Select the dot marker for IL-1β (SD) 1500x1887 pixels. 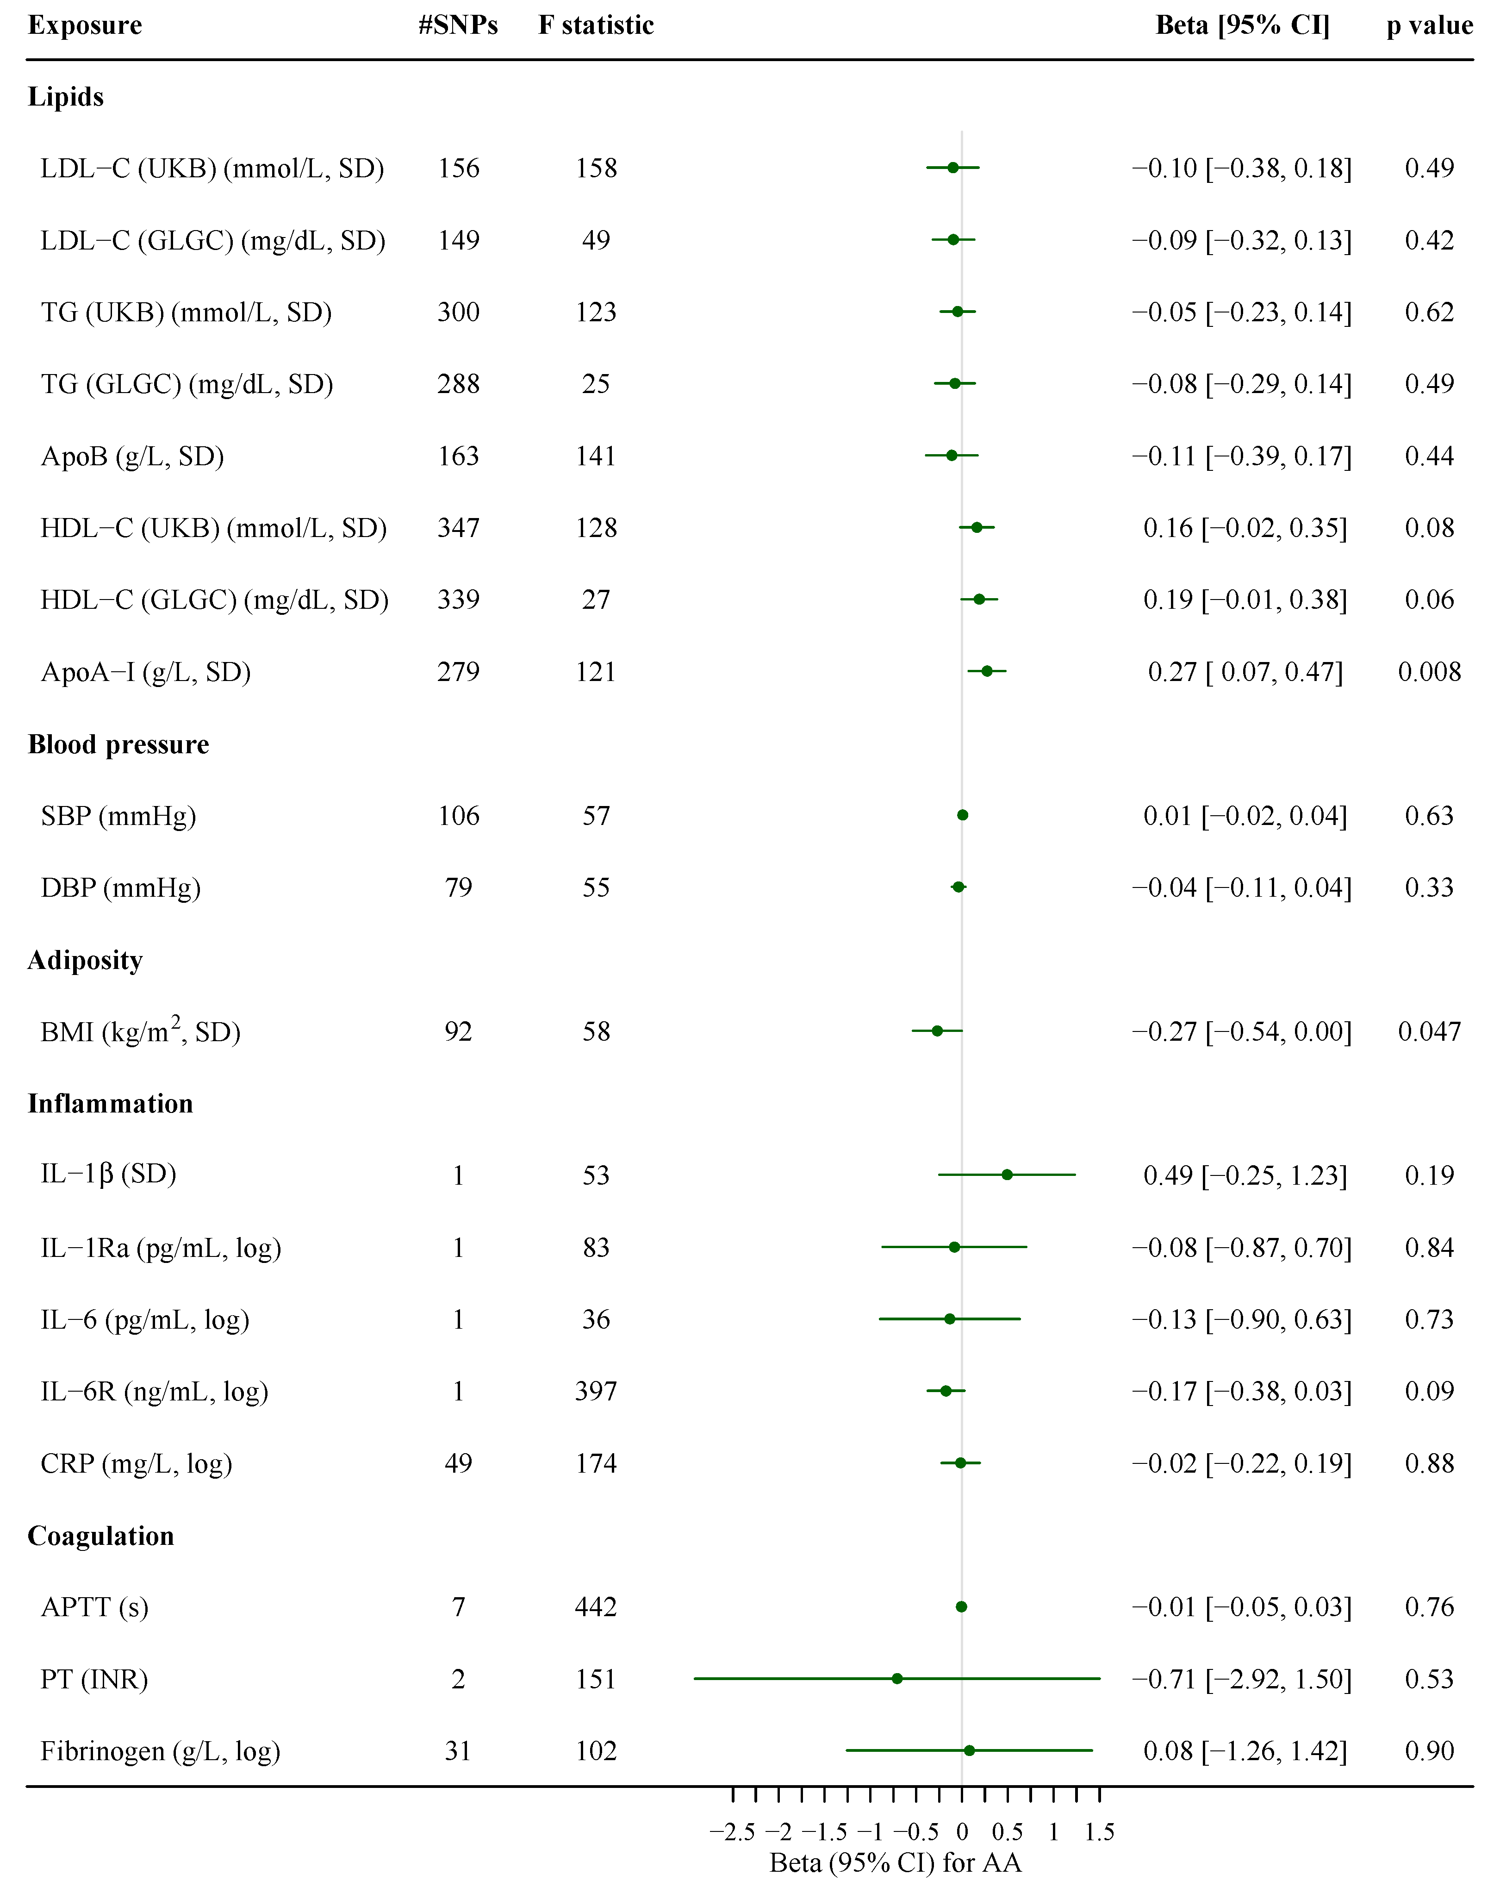pyautogui.click(x=1007, y=1175)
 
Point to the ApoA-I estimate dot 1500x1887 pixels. pyautogui.click(x=987, y=671)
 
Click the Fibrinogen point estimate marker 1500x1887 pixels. pyautogui.click(x=969, y=1750)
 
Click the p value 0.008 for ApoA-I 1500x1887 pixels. pyautogui.click(x=1429, y=672)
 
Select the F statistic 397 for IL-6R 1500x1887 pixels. pyautogui.click(x=596, y=1391)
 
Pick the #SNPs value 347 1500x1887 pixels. pyautogui.click(x=459, y=528)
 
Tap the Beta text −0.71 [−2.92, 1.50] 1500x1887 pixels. pyautogui.click(x=1242, y=1679)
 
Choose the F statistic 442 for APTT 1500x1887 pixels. pyautogui.click(x=596, y=1607)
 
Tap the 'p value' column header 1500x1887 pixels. pyautogui.click(x=1429, y=25)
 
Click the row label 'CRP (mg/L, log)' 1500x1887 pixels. pyautogui.click(x=137, y=1463)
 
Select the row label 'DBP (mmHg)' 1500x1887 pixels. pyautogui.click(x=121, y=887)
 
